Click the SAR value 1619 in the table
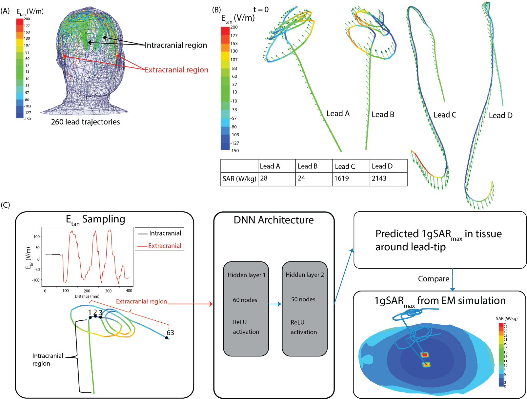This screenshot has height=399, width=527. (341, 179)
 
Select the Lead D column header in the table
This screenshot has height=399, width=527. (382, 166)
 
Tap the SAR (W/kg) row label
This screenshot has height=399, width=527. (239, 179)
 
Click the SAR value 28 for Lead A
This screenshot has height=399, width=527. (264, 179)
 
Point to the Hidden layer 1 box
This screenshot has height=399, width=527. (246, 308)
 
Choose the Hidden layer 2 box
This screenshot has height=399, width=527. (304, 308)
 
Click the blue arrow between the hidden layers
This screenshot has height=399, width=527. (275, 304)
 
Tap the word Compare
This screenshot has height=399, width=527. (434, 279)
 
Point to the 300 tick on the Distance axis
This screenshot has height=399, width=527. (108, 291)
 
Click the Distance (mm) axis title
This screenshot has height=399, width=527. (87, 296)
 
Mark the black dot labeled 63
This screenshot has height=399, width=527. (167, 338)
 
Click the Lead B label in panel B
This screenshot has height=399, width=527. (383, 115)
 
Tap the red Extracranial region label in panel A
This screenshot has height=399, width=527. (176, 70)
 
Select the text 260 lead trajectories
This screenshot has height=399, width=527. (85, 122)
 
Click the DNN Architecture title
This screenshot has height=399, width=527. (274, 220)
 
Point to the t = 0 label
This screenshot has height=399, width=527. (261, 10)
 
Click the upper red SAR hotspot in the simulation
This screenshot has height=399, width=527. (425, 354)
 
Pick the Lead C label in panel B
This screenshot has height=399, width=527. (445, 115)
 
